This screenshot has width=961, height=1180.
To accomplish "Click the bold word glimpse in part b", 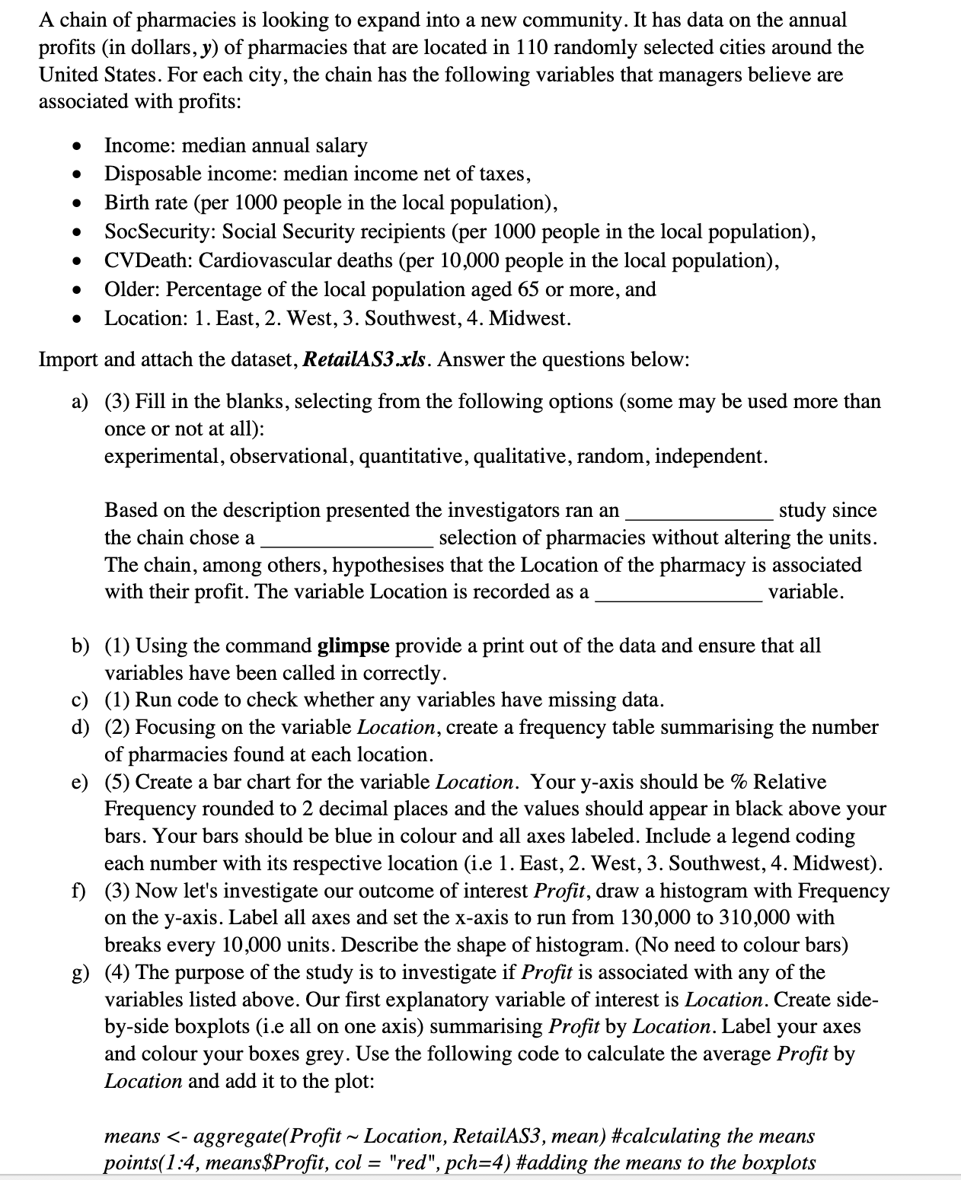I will click(353, 646).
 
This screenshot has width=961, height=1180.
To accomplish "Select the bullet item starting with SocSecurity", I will click(460, 231).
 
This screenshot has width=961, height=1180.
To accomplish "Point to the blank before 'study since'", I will click(698, 512).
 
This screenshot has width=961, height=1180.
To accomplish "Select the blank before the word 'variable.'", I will click(678, 593).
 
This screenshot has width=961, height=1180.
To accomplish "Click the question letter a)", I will click(81, 401).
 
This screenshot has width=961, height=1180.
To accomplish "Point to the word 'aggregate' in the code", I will click(240, 1136).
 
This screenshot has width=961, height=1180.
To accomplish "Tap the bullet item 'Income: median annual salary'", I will click(235, 145).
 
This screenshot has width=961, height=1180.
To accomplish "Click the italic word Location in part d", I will click(395, 727).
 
